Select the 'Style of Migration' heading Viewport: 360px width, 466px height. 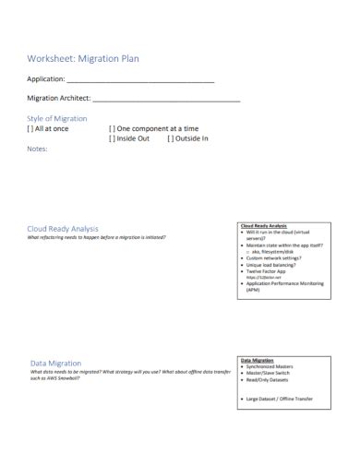[x=57, y=118]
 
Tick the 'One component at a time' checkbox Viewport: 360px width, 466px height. [x=113, y=128]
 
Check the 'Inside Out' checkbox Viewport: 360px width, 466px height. [x=113, y=138]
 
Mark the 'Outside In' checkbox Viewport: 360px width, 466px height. [x=170, y=138]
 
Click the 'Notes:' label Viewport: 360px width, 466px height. [x=38, y=149]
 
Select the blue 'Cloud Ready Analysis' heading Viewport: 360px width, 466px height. [x=63, y=228]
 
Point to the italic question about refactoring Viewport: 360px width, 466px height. [x=97, y=237]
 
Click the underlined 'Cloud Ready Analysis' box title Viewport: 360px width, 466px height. [x=264, y=225]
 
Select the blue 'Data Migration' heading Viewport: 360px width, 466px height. [x=56, y=363]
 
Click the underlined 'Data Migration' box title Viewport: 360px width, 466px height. [x=258, y=360]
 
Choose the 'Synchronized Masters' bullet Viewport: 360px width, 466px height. [x=269, y=366]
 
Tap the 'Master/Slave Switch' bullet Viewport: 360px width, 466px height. [x=268, y=373]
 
